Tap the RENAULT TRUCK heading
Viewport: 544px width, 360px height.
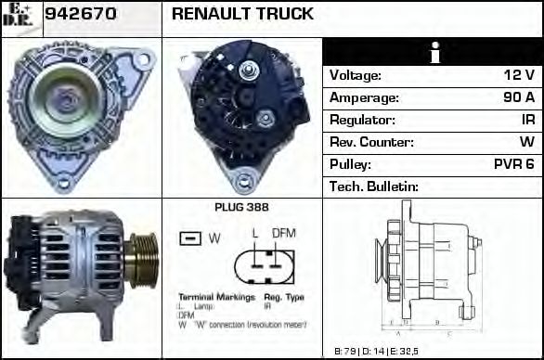[x=242, y=15]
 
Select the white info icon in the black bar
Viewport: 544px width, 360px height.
[x=433, y=53]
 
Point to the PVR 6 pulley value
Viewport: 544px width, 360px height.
[x=514, y=164]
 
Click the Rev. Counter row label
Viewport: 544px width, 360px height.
[x=371, y=142]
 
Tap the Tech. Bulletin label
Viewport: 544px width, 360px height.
[x=374, y=186]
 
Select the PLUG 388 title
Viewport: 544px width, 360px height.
[x=241, y=207]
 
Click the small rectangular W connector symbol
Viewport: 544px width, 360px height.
[x=190, y=238]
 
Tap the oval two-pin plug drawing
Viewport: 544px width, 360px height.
[x=263, y=264]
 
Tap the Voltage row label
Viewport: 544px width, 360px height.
[x=356, y=75]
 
